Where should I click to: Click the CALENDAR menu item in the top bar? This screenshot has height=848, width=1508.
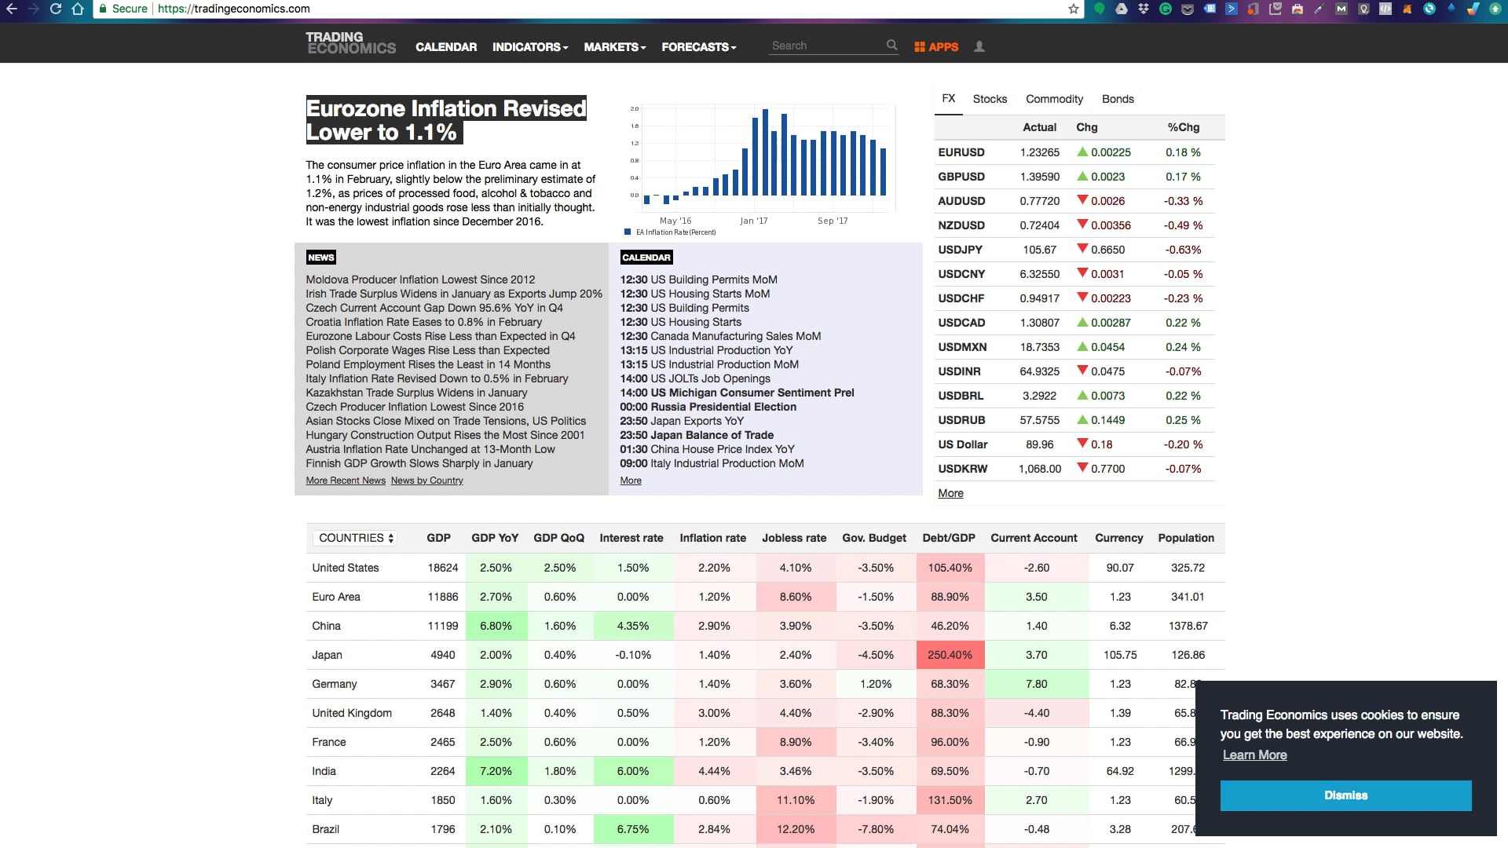point(446,47)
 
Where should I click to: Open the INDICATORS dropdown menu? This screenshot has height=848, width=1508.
point(530,47)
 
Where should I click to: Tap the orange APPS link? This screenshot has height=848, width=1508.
point(936,47)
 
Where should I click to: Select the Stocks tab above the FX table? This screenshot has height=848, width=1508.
point(990,99)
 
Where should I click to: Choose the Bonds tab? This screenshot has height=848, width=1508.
point(1118,99)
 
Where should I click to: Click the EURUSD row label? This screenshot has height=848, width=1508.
point(961,152)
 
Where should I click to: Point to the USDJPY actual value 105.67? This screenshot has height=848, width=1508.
point(1040,250)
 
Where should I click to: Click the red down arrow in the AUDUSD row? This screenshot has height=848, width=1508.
point(1082,200)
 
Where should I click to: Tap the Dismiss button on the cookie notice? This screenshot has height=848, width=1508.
point(1345,795)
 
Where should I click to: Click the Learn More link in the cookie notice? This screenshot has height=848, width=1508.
point(1254,755)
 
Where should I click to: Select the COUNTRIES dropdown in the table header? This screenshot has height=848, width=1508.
point(355,538)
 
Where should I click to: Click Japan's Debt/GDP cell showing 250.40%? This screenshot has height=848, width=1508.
point(950,655)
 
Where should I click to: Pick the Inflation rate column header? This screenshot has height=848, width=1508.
point(712,538)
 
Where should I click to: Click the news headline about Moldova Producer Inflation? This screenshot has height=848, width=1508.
point(420,280)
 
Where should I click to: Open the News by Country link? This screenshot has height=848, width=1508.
point(426,481)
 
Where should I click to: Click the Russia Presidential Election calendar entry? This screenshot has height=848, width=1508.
point(708,407)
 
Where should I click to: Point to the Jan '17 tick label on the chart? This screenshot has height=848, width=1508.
point(754,221)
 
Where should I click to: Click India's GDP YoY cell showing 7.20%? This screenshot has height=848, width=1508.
point(496,771)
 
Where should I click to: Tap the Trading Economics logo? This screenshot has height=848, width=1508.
point(351,43)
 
